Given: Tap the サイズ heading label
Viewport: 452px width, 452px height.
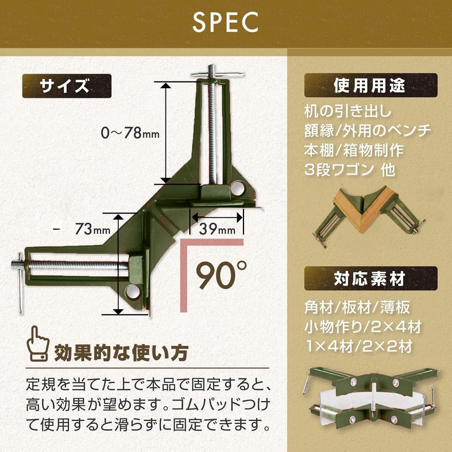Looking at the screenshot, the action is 67,87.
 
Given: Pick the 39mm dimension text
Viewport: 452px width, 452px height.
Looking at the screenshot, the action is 217,229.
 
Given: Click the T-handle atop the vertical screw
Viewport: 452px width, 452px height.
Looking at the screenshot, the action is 215,74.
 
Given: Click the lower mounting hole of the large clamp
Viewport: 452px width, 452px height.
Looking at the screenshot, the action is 134,291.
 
